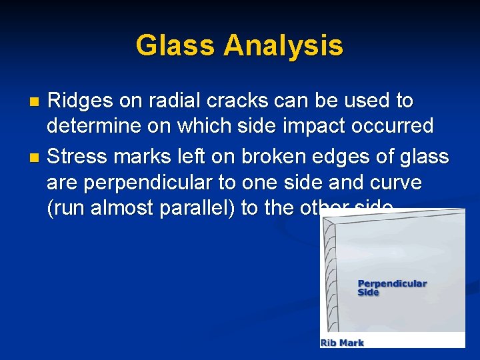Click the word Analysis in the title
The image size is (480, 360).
click(283, 46)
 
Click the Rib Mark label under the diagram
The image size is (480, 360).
click(343, 343)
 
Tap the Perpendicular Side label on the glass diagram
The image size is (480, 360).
click(392, 288)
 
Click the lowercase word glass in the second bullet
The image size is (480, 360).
click(425, 157)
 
